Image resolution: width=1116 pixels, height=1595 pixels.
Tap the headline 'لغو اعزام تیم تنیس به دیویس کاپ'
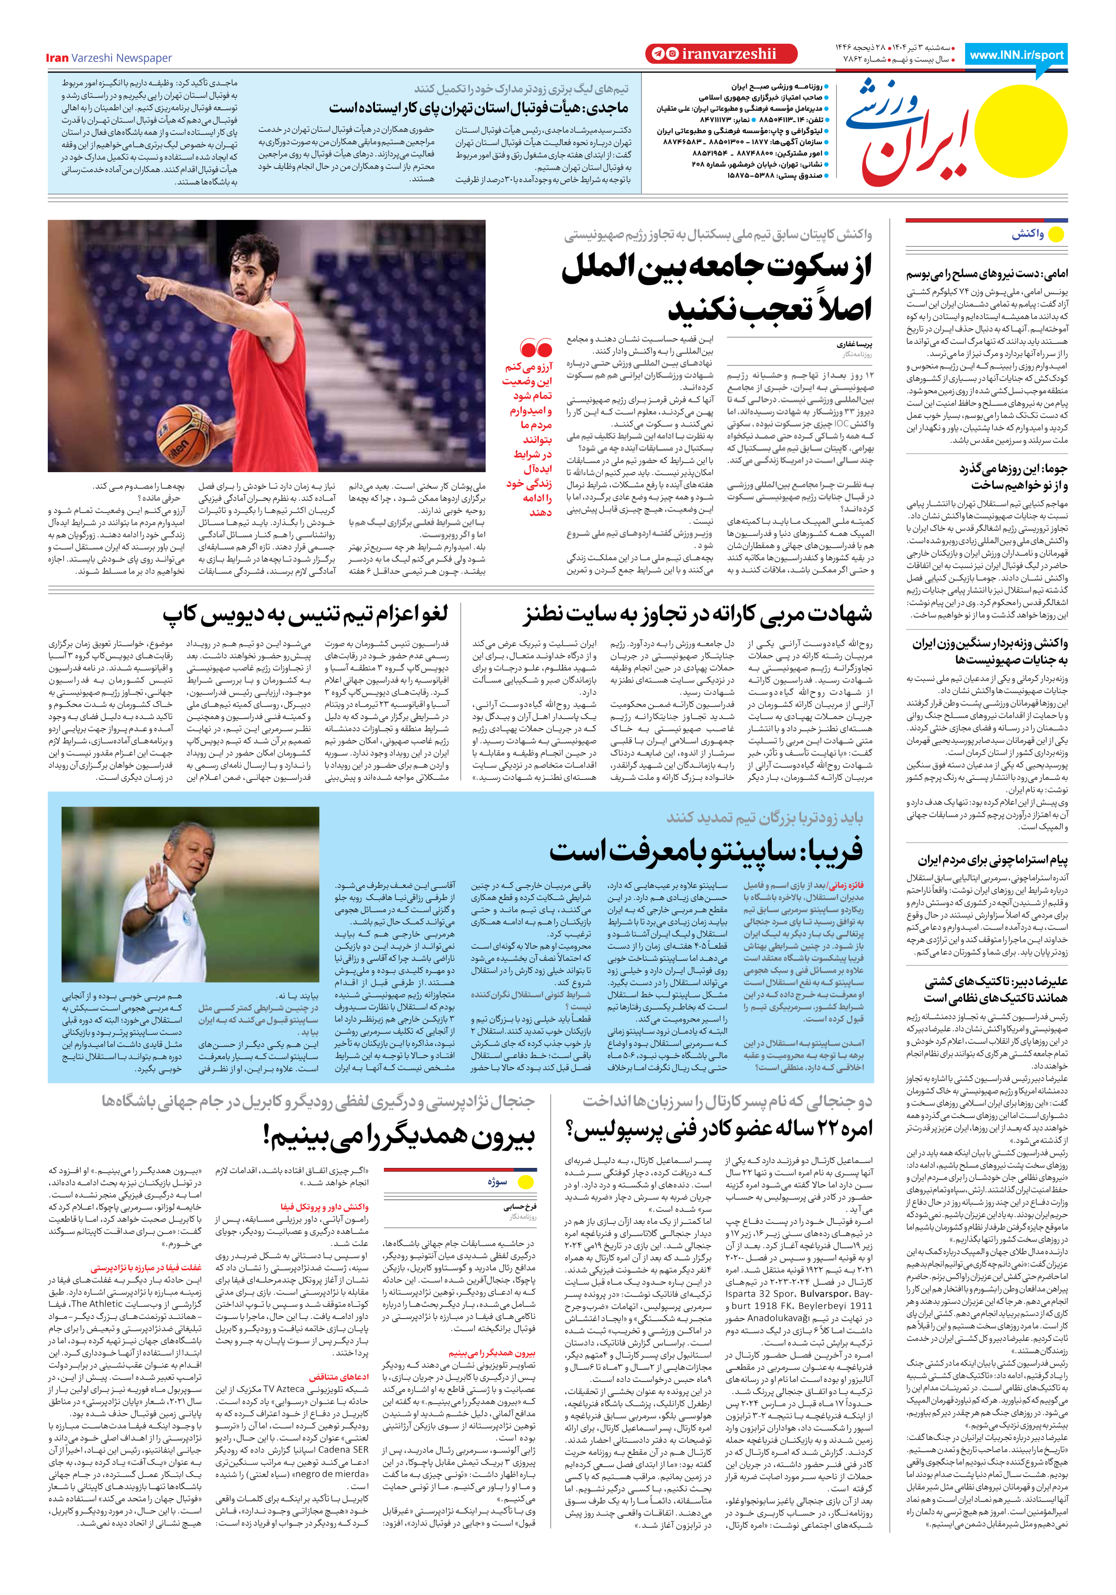[306, 614]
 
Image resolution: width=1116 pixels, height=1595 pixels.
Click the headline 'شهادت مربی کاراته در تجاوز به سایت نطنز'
[697, 614]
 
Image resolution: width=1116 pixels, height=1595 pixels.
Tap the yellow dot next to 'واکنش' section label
[1056, 235]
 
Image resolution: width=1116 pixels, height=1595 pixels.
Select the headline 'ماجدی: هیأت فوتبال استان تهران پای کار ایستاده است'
[479, 108]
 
